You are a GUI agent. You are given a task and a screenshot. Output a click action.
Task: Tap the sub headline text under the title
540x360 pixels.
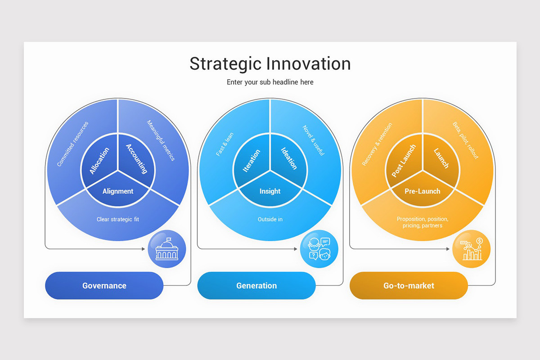tap(270, 82)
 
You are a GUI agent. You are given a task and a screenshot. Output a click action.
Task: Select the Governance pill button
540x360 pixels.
tap(104, 285)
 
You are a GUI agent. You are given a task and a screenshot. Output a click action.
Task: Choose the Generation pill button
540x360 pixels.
tap(256, 285)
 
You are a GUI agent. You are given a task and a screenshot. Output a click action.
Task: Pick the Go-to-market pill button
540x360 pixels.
tap(409, 285)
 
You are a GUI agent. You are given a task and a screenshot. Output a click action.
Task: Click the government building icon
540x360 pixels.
tap(166, 249)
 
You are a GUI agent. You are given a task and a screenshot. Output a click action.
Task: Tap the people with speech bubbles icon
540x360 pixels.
tap(319, 249)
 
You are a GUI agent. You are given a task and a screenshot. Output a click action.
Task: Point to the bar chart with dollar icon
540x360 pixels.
tap(471, 249)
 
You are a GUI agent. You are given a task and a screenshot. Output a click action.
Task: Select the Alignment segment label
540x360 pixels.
tap(118, 191)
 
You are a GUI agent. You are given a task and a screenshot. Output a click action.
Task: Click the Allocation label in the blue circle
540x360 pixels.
tap(99, 161)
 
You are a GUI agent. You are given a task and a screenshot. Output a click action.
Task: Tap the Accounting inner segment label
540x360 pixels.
tap(137, 158)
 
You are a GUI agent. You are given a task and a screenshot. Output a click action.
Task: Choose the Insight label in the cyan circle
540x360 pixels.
tap(270, 191)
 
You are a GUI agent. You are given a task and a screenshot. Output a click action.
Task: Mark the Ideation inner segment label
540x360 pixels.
tap(289, 158)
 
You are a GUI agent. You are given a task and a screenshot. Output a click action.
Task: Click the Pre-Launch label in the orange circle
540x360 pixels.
tap(422, 191)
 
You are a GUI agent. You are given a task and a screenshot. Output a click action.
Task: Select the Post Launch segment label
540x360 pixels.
tap(404, 161)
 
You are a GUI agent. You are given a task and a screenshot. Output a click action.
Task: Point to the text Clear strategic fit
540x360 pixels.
tap(118, 220)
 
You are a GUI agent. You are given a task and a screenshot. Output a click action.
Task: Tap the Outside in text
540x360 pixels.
tap(270, 220)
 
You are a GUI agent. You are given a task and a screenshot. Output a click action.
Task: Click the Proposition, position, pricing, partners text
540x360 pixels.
tap(422, 222)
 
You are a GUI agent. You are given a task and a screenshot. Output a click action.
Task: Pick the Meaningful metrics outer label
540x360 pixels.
tap(161, 140)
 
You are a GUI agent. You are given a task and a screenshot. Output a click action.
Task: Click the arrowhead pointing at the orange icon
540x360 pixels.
tap(448, 249)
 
